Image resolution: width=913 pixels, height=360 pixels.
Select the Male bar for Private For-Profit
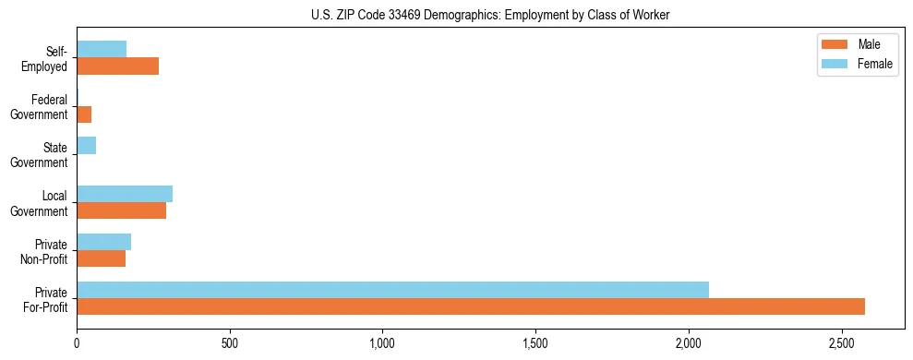pyautogui.click(x=471, y=306)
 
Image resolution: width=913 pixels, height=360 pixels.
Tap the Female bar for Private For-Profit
pyautogui.click(x=392, y=290)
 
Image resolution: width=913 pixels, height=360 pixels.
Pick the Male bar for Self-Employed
pyautogui.click(x=117, y=66)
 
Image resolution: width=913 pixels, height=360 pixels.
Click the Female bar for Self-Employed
pyautogui.click(x=102, y=50)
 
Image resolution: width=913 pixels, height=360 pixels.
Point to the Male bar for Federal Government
pyautogui.click(x=84, y=114)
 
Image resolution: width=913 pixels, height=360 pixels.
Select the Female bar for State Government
pyautogui.click(x=87, y=146)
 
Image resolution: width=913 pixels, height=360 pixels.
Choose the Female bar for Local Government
pyautogui.click(x=125, y=194)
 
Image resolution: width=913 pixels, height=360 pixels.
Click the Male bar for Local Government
pyautogui.click(x=121, y=210)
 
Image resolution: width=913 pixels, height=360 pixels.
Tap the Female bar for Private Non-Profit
pyautogui.click(x=103, y=242)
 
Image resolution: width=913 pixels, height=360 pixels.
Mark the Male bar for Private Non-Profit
pyautogui.click(x=101, y=258)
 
